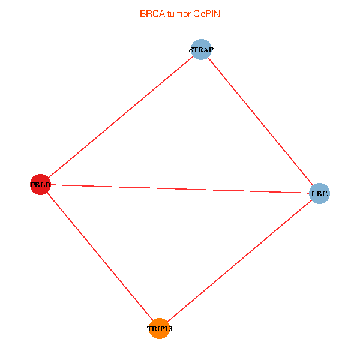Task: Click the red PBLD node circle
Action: click(x=40, y=184)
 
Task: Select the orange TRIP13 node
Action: click(x=160, y=328)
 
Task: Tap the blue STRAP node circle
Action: click(x=201, y=49)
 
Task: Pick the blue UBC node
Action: click(x=319, y=193)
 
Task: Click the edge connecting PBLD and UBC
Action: click(x=180, y=189)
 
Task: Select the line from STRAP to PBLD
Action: click(x=121, y=117)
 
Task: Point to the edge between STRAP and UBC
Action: click(x=260, y=121)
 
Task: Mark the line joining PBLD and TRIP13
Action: click(x=100, y=256)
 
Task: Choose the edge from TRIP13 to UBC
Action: click(x=239, y=261)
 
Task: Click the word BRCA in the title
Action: click(x=152, y=14)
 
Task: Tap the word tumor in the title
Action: click(x=179, y=14)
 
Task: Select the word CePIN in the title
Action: click(x=206, y=14)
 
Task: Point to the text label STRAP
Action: click(x=201, y=50)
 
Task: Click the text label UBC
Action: click(x=319, y=194)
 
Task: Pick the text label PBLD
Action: click(x=40, y=185)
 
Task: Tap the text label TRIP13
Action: click(x=160, y=329)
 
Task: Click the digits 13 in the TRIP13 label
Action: click(x=169, y=329)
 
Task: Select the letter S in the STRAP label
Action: click(x=191, y=50)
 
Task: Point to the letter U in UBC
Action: click(x=314, y=194)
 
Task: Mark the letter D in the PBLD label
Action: click(x=48, y=185)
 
